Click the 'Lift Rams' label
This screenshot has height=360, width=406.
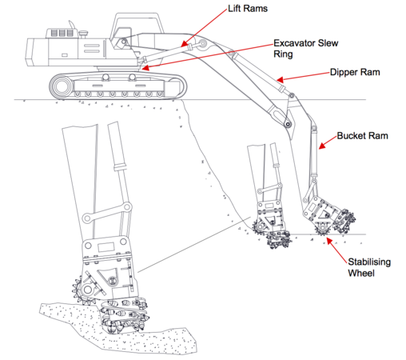pyautogui.click(x=248, y=9)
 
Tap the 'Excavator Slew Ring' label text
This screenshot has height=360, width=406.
pyautogui.click(x=305, y=49)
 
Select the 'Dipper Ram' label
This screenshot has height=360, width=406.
pyautogui.click(x=355, y=72)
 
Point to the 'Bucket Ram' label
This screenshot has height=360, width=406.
pyautogui.click(x=362, y=136)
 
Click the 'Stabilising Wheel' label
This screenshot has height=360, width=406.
pyautogui.click(x=369, y=267)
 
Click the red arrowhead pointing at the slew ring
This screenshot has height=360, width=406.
pyautogui.click(x=145, y=68)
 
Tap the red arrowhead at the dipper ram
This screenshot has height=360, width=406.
pyautogui.click(x=280, y=79)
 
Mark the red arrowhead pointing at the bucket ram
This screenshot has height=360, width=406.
pyautogui.click(x=322, y=146)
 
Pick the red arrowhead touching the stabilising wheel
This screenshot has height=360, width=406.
pyautogui.click(x=329, y=241)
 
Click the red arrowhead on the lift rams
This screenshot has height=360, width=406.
pyautogui.click(x=185, y=43)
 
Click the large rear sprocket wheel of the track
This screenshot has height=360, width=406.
pyautogui.click(x=62, y=86)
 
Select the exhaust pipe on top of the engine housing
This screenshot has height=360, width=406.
pyautogui.click(x=72, y=25)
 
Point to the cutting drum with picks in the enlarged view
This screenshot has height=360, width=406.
pyautogui.click(x=125, y=317)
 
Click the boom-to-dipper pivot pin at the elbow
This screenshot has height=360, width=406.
pyautogui.click(x=288, y=124)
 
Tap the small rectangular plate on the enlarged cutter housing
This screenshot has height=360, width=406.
pyautogui.click(x=106, y=247)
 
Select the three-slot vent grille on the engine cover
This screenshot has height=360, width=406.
pyautogui.click(x=62, y=33)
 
